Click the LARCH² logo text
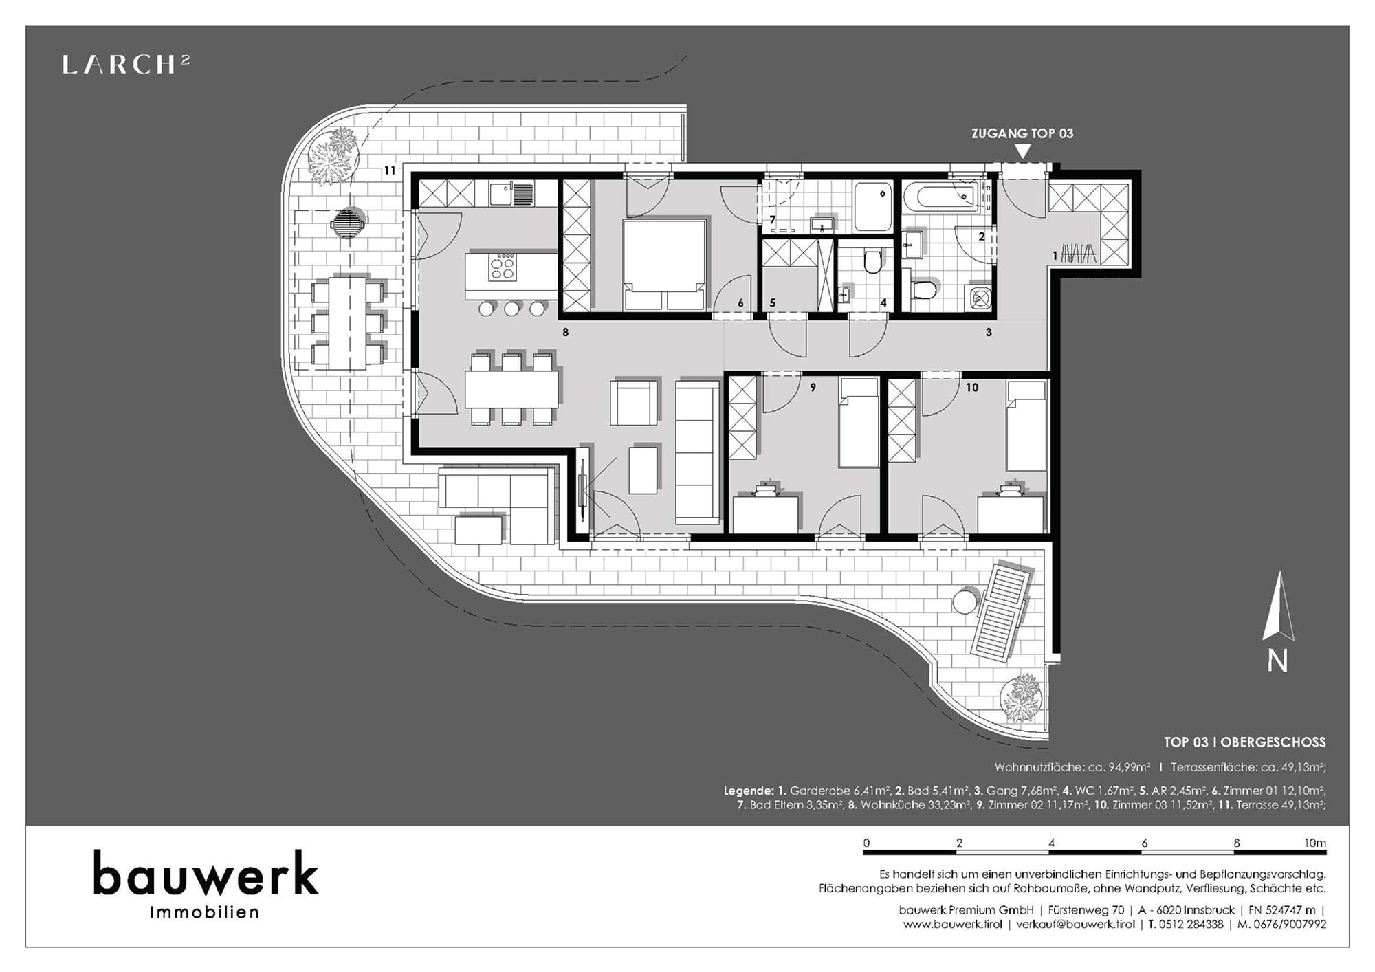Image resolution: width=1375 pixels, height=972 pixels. (126, 65)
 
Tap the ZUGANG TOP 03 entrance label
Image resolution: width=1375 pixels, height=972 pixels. (1022, 133)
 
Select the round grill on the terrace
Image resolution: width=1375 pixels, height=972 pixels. (349, 223)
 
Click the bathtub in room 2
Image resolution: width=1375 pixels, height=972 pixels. (946, 196)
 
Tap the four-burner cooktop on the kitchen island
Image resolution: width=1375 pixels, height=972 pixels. (503, 267)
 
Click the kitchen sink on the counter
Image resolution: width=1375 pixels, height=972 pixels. (511, 194)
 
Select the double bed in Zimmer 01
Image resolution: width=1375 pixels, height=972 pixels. (664, 265)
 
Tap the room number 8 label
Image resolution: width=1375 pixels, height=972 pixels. (566, 333)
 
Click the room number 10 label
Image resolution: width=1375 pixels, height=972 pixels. (972, 388)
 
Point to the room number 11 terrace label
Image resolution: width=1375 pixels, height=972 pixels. (390, 170)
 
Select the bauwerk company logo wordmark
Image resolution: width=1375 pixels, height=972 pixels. (206, 873)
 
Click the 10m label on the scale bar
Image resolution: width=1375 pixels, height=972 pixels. (1315, 843)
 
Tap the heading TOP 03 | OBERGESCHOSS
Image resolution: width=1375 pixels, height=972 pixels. (1244, 742)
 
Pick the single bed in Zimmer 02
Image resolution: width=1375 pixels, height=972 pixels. (859, 423)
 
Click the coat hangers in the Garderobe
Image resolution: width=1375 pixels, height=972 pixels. (1079, 254)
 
